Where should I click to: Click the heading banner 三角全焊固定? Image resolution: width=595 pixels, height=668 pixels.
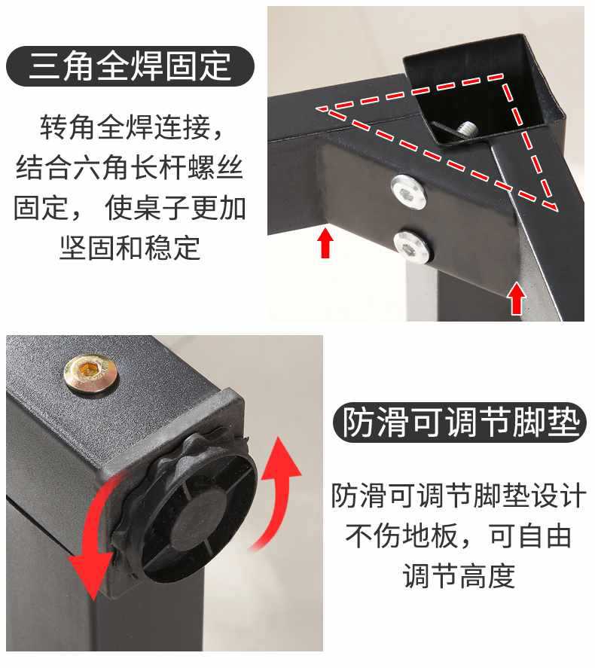point(130,66)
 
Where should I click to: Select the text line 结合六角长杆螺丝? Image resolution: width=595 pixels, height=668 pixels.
point(130,167)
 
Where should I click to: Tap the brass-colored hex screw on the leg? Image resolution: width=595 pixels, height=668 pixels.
point(90,373)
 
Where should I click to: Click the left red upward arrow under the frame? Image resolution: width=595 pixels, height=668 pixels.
point(325,242)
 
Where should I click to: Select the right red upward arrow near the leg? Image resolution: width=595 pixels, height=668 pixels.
point(517,298)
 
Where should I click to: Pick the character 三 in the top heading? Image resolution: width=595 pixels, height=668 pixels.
point(42,66)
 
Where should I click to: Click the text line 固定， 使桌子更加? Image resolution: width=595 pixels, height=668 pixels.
point(130,207)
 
